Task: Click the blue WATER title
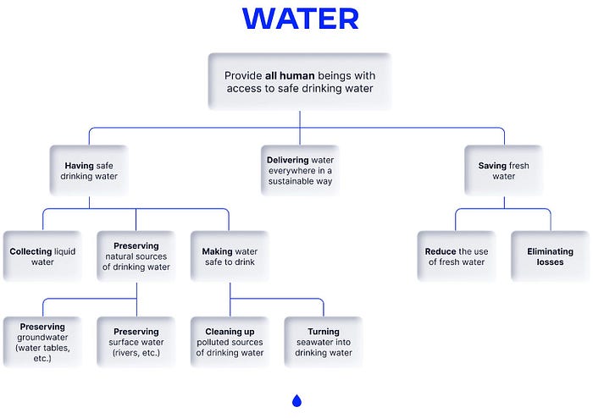[x=300, y=18]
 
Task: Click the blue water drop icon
[x=296, y=400]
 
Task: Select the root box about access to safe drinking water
[x=300, y=82]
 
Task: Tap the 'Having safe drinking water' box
[x=90, y=171]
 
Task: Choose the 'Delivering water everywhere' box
[x=300, y=170]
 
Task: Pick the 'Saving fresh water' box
[x=503, y=171]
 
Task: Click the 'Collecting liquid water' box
[x=42, y=256]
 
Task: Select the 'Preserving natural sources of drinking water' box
[x=136, y=256]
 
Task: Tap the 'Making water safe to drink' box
[x=230, y=256]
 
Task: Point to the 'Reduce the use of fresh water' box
[x=456, y=256]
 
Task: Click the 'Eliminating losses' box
[x=550, y=256]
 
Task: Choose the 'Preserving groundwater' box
[x=42, y=342]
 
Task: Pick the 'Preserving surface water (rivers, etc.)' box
[x=136, y=342]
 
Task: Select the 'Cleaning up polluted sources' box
[x=230, y=342]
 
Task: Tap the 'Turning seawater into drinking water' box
[x=324, y=342]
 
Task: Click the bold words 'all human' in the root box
[x=283, y=75]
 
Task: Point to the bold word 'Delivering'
[x=287, y=160]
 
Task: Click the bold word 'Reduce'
[x=441, y=251]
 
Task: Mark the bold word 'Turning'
[x=324, y=332]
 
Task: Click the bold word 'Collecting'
[x=30, y=251]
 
